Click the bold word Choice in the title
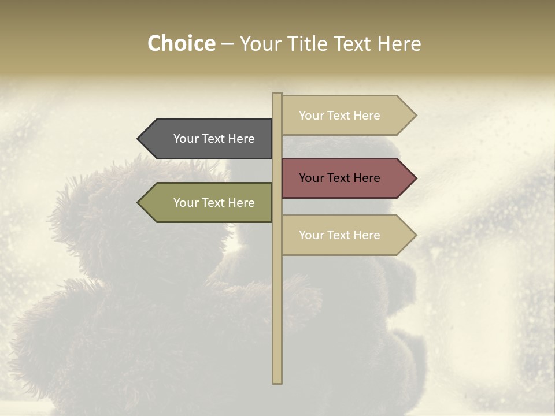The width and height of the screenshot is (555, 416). pos(181,43)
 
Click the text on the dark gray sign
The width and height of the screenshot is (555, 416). pos(214,139)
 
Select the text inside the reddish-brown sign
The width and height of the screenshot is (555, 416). pos(339,178)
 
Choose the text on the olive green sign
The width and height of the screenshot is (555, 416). pos(214,203)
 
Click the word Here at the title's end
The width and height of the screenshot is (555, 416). pos(399,43)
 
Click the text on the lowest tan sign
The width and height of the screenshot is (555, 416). pos(339,235)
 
